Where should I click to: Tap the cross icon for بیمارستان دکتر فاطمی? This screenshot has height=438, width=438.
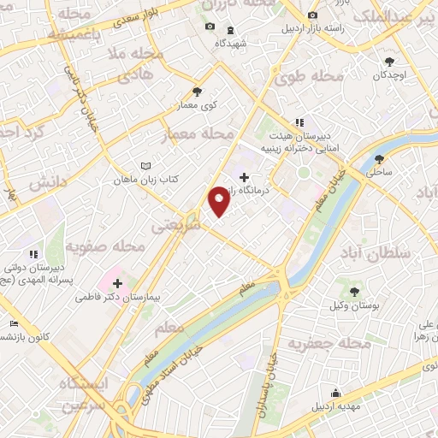[x=116, y=282]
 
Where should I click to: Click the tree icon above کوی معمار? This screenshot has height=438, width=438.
[x=198, y=92]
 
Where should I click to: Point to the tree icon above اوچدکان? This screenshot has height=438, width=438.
[x=391, y=61]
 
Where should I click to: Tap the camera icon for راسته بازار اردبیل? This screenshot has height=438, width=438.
[x=311, y=16]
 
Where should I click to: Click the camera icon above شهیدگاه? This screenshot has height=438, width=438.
[x=210, y=27]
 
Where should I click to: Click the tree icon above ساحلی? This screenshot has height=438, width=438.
[x=380, y=157]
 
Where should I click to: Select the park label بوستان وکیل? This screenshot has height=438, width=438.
[x=353, y=305]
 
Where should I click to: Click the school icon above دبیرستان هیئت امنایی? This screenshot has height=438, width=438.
[x=299, y=122]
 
